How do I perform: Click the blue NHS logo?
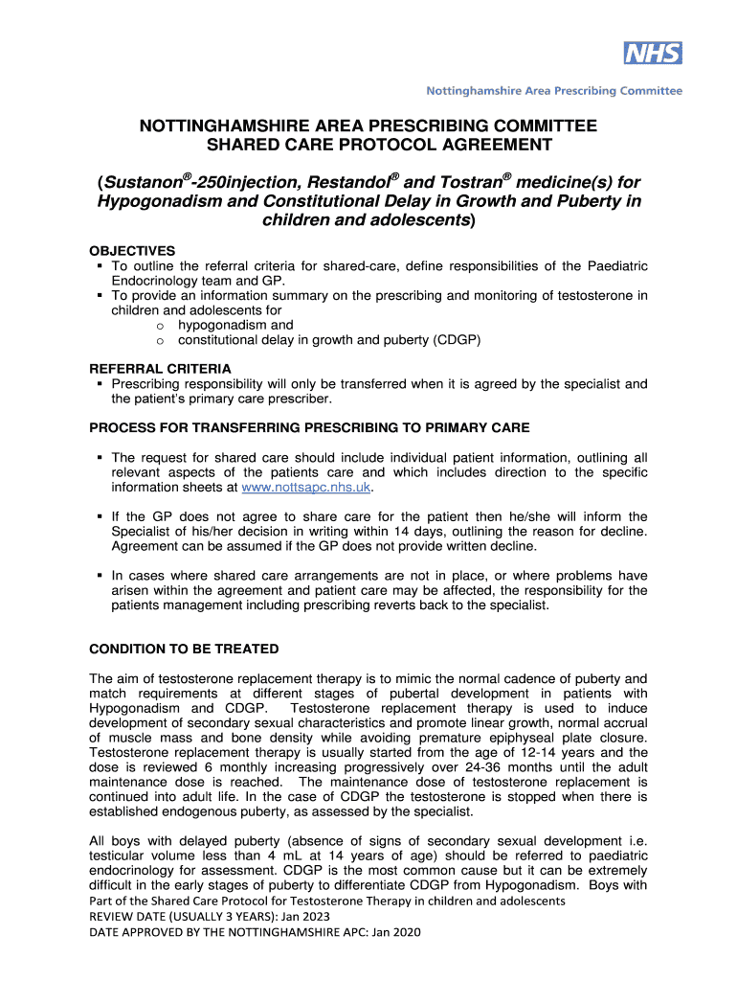653,53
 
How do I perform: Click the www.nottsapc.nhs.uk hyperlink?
305,488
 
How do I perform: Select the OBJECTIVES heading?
132,250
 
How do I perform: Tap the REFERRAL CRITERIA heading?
160,368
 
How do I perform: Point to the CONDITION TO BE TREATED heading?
184,649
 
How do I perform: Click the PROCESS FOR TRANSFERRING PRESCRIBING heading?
309,427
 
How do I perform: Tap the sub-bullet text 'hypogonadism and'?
235,325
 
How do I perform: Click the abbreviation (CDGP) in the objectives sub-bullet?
456,339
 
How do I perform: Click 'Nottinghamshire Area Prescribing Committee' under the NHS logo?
554,91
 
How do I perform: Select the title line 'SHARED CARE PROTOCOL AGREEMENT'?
368,145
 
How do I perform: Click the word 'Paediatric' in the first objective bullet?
616,265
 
